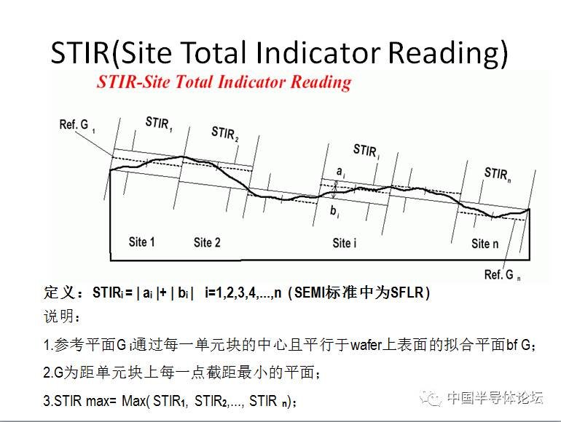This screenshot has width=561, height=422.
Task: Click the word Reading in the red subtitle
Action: pyautogui.click(x=321, y=82)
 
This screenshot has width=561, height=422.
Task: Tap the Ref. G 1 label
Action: pyautogui.click(x=77, y=125)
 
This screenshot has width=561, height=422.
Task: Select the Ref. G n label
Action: pyautogui.click(x=502, y=275)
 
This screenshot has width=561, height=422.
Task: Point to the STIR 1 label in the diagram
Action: pyautogui.click(x=159, y=123)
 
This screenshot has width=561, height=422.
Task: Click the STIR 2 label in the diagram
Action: pyautogui.click(x=224, y=134)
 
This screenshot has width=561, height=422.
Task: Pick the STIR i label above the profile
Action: pyautogui.click(x=366, y=151)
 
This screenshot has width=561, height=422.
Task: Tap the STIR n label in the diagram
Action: pyautogui.click(x=498, y=175)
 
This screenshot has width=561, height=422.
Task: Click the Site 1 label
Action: pyautogui.click(x=141, y=242)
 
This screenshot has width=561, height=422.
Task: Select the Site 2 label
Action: pyautogui.click(x=207, y=242)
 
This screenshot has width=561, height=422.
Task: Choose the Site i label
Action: pyautogui.click(x=344, y=243)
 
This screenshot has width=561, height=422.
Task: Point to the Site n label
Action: pyautogui.click(x=484, y=244)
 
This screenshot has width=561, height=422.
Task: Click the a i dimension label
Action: pyautogui.click(x=341, y=172)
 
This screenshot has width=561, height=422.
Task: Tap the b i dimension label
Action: pyautogui.click(x=334, y=211)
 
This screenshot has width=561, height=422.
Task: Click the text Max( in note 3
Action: pyautogui.click(x=134, y=401)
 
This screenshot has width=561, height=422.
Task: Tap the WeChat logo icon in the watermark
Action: pyautogui.click(x=430, y=398)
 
